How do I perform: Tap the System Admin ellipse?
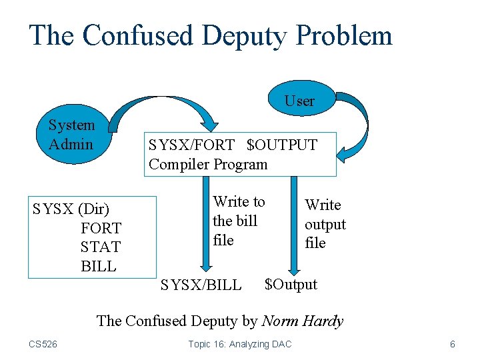click(71, 134)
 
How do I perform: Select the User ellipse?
click(299, 101)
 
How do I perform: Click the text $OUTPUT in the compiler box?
click(282, 145)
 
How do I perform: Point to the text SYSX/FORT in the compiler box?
click(192, 145)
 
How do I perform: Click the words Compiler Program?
click(208, 164)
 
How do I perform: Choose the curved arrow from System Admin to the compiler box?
click(167, 103)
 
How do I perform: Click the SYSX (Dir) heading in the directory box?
click(71, 209)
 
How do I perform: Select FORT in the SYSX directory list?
click(101, 228)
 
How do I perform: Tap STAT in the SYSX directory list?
click(101, 247)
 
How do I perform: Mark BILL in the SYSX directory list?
click(99, 267)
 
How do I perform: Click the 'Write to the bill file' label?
click(239, 221)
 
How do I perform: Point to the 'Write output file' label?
click(325, 224)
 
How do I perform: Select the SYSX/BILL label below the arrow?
click(201, 285)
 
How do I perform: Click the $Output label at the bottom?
click(291, 284)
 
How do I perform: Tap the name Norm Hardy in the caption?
click(303, 321)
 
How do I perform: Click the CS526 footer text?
click(43, 344)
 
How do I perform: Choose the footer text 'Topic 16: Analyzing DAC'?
click(240, 344)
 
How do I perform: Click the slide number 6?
click(453, 344)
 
